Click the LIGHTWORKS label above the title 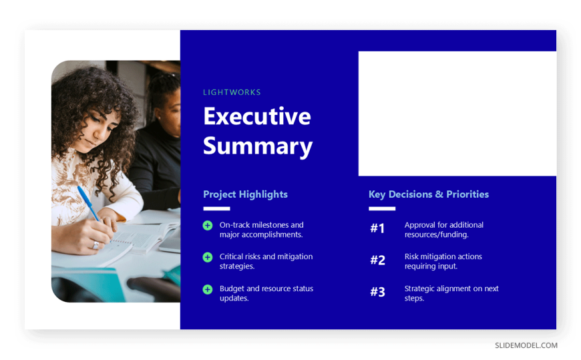tap(232, 92)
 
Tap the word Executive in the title tap(257, 116)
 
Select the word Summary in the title tap(258, 146)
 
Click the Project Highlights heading tap(245, 194)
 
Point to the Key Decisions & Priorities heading tap(429, 194)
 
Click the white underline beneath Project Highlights tap(217, 209)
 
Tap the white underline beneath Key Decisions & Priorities tap(382, 209)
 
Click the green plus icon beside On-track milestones tap(208, 225)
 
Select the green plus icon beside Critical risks tap(208, 257)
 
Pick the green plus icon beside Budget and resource tap(208, 290)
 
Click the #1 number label tap(377, 228)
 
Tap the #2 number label tap(378, 260)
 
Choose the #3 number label tap(378, 292)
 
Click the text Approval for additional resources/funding tap(444, 230)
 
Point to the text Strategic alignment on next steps tap(451, 293)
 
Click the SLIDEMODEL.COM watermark tap(526, 345)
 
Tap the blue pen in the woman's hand tap(88, 204)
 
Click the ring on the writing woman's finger tap(95, 244)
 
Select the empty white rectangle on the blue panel tap(457, 114)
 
